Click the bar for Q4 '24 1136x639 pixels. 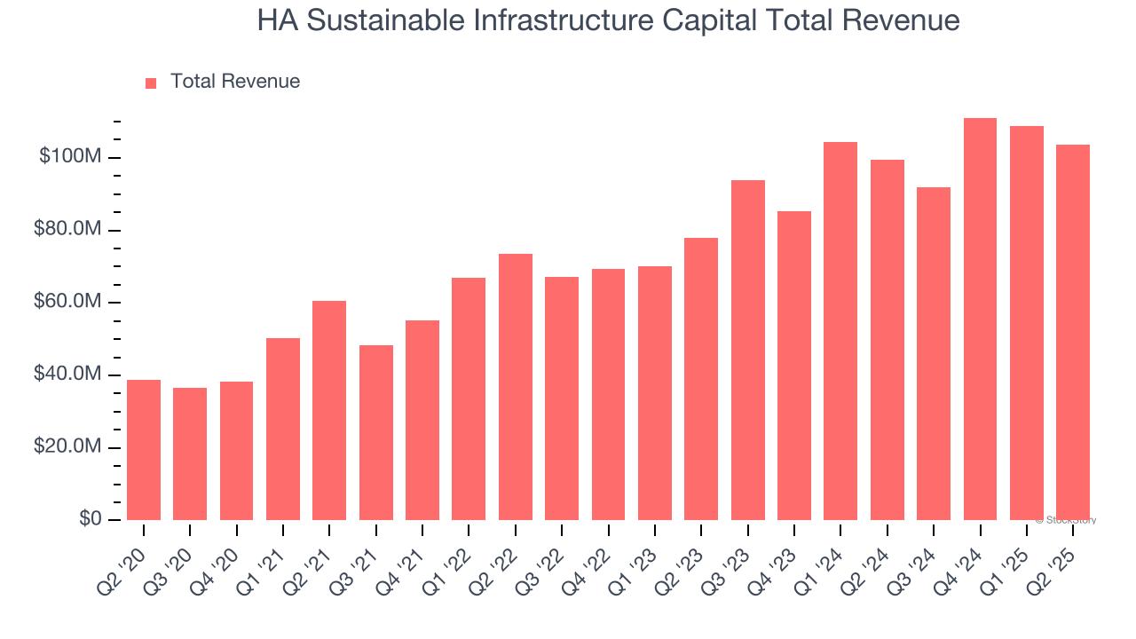point(980,319)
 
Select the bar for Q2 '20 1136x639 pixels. point(144,450)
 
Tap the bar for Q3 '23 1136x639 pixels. point(747,351)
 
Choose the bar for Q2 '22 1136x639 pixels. point(516,387)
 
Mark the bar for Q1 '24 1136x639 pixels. point(840,331)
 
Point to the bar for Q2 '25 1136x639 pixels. point(1073,333)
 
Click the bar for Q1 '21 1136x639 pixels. point(283,430)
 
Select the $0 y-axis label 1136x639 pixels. point(89,519)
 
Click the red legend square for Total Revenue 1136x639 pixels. point(151,83)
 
